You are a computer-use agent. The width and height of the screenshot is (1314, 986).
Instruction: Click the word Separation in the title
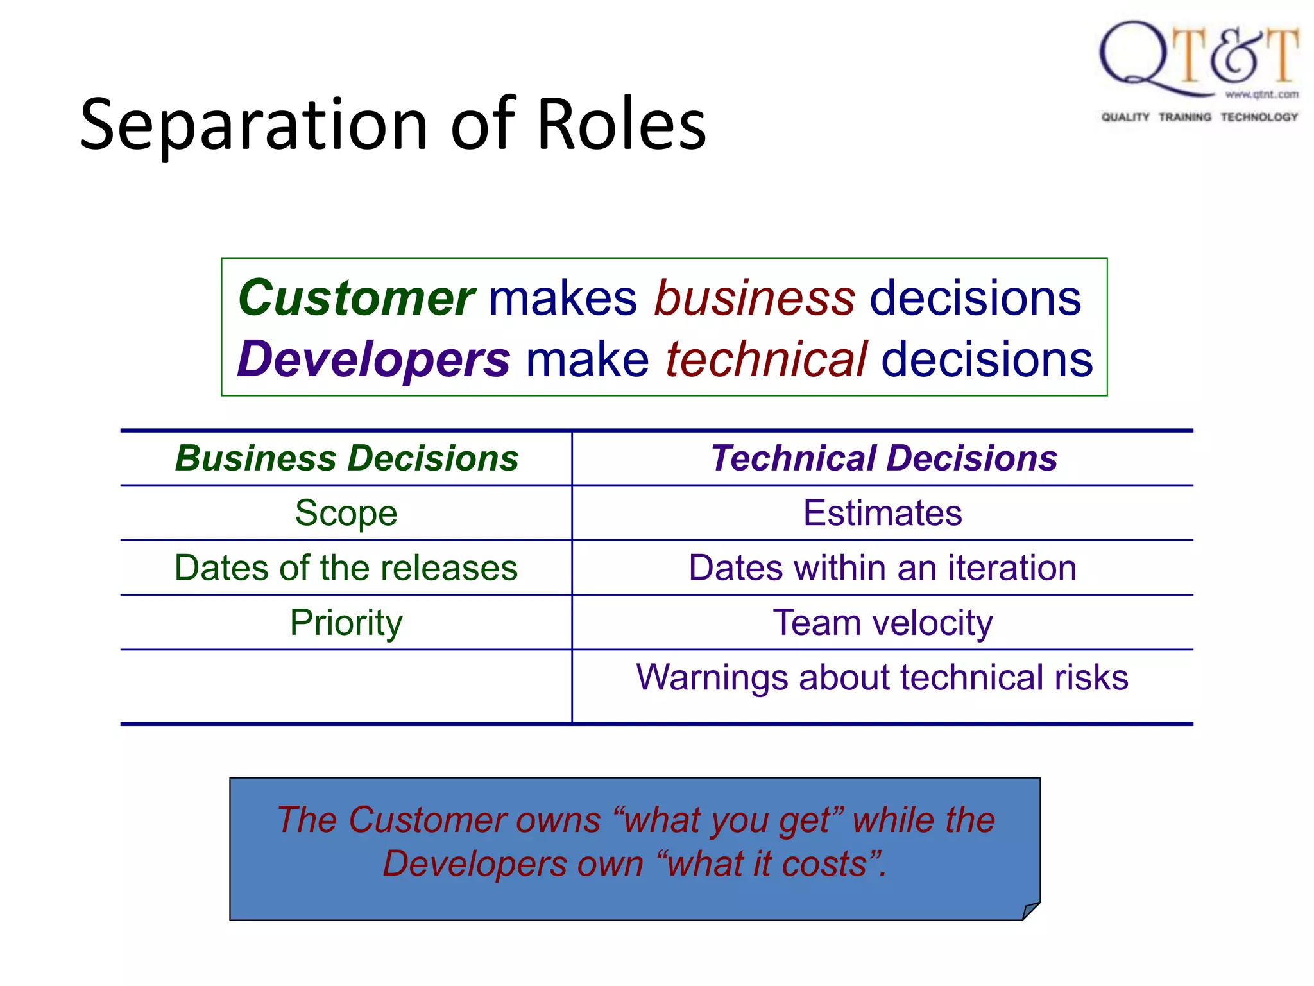tap(253, 125)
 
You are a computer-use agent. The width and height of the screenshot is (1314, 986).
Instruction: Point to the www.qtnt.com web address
tap(1261, 94)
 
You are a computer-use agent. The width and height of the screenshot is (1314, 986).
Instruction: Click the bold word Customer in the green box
tap(356, 298)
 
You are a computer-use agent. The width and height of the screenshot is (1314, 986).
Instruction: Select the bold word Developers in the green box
tap(373, 359)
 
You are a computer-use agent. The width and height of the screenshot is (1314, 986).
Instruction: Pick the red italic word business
tap(755, 298)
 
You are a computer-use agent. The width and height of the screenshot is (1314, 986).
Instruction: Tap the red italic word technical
tap(766, 359)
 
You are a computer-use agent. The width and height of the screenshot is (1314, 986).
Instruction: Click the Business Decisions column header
tap(346, 458)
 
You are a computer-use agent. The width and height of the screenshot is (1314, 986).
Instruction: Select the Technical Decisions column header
tap(883, 458)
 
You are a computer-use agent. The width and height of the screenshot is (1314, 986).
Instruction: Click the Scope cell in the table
tap(346, 513)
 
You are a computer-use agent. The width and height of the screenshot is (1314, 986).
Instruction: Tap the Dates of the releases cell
tap(346, 568)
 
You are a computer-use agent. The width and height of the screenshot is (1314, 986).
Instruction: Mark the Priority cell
tap(346, 623)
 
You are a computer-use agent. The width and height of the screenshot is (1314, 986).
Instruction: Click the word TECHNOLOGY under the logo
tap(1258, 117)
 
